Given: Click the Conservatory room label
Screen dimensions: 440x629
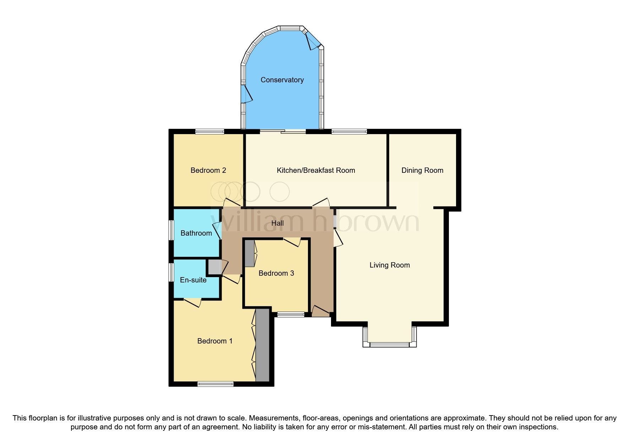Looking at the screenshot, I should pyautogui.click(x=282, y=80).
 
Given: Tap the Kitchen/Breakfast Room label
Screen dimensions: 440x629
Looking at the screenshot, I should pyautogui.click(x=316, y=170).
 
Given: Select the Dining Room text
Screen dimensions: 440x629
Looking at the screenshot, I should pyautogui.click(x=422, y=170).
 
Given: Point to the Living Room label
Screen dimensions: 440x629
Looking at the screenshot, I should pyautogui.click(x=390, y=265).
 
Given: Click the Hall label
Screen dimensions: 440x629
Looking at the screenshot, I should pyautogui.click(x=277, y=223).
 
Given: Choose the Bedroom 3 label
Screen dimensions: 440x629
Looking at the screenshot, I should pyautogui.click(x=276, y=273).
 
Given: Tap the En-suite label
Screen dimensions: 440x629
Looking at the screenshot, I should pyautogui.click(x=193, y=280).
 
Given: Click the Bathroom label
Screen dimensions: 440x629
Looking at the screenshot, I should pyautogui.click(x=196, y=233).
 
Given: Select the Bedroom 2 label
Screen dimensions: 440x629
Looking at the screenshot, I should pyautogui.click(x=208, y=170).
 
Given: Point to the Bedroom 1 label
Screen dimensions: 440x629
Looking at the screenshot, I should pyautogui.click(x=215, y=341).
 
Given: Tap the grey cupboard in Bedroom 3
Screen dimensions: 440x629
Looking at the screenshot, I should pyautogui.click(x=250, y=253).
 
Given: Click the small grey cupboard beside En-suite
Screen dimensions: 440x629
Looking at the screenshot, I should pyautogui.click(x=214, y=267).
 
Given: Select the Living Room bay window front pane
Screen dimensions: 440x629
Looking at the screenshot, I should pyautogui.click(x=389, y=344).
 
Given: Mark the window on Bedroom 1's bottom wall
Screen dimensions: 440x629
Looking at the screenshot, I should pyautogui.click(x=216, y=384).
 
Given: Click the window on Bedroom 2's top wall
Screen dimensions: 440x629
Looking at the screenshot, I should pyautogui.click(x=210, y=132).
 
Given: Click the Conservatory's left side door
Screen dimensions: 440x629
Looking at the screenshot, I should pyautogui.click(x=245, y=94).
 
